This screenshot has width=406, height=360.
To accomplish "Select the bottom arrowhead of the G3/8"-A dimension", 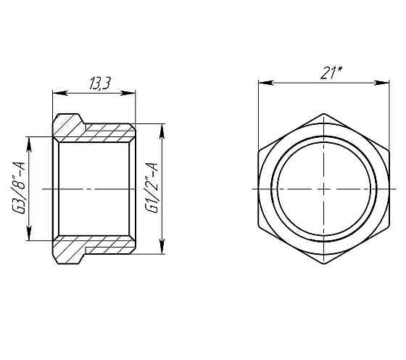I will coord(28,237).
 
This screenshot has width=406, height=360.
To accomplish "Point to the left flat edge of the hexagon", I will coord(258,189).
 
